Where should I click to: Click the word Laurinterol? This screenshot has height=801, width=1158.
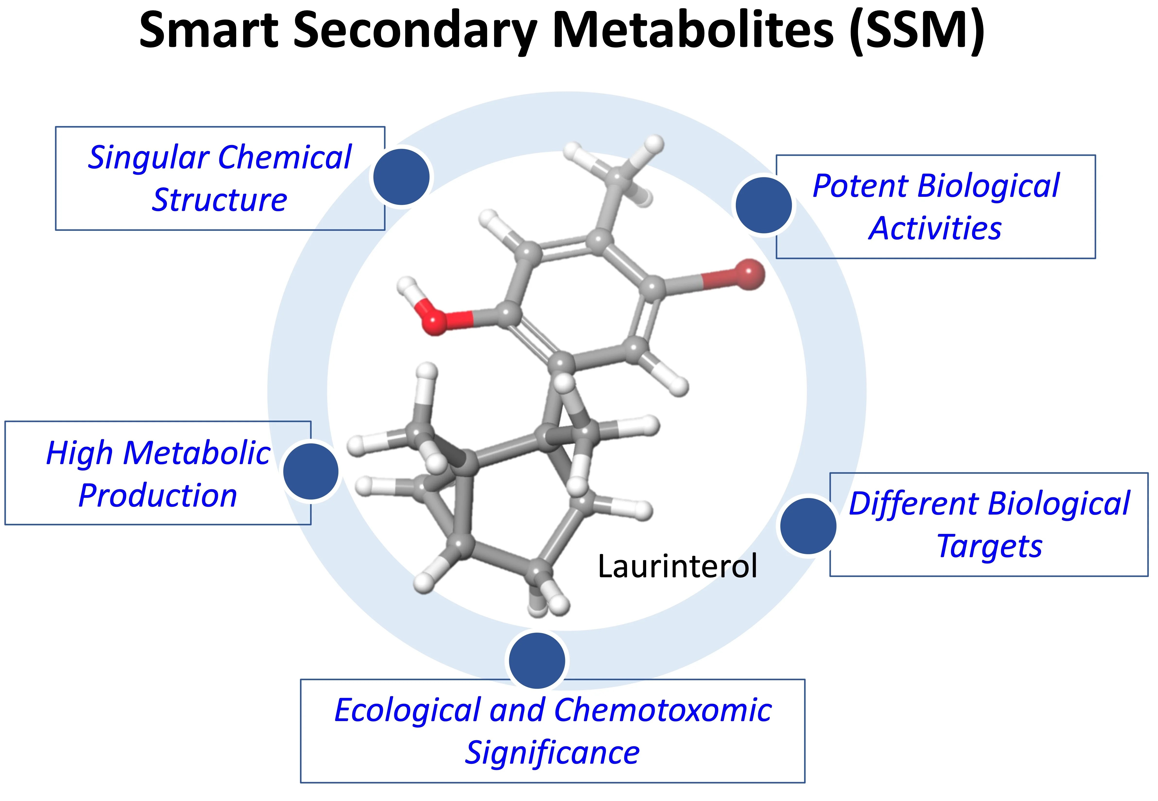click(x=677, y=566)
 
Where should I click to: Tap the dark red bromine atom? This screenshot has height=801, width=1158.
click(x=749, y=274)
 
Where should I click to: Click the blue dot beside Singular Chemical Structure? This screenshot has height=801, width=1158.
click(x=402, y=177)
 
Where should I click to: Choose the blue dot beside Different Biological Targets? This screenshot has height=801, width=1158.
click(x=808, y=526)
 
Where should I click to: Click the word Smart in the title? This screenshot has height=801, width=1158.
click(x=208, y=30)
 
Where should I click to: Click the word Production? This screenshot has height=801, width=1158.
click(x=158, y=496)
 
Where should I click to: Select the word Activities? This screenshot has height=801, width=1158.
click(x=935, y=228)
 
